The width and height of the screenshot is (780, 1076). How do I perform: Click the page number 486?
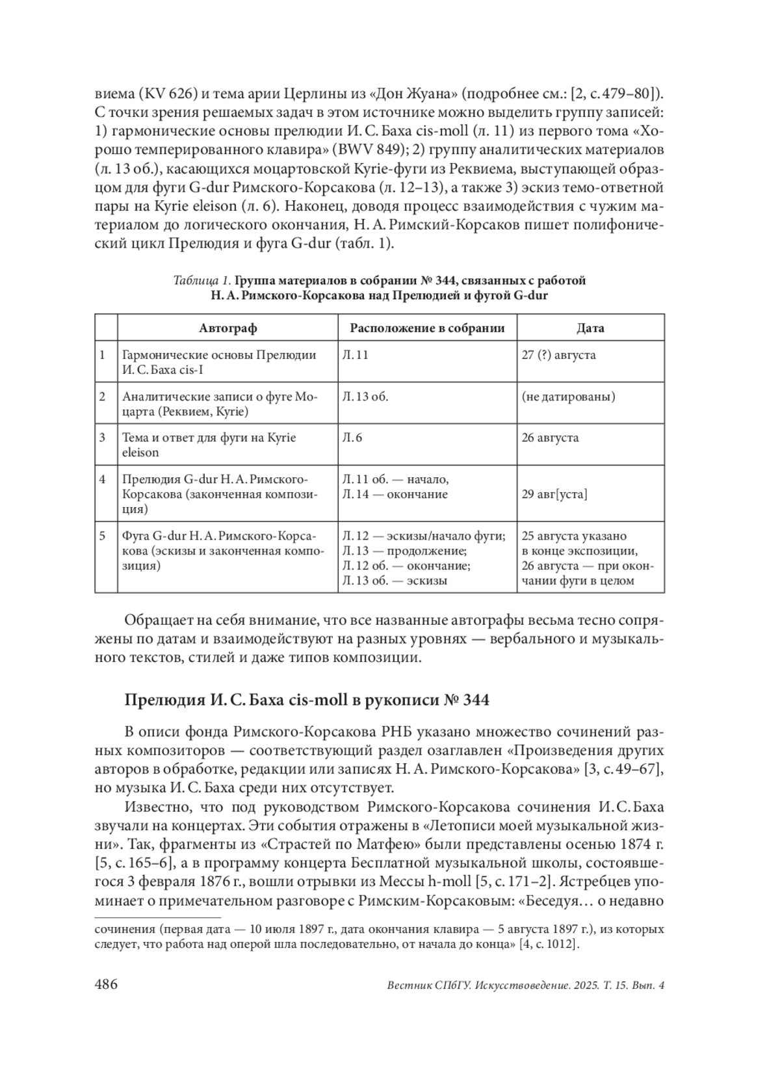point(106,984)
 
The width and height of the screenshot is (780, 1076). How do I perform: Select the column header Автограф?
point(227,328)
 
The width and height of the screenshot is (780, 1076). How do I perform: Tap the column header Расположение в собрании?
point(427,328)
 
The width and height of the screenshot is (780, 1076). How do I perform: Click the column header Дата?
point(590,328)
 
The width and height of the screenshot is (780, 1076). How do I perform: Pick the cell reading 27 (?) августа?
point(558,355)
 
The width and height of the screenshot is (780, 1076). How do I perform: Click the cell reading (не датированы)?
point(568,397)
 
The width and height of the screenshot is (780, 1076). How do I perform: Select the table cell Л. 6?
point(352,438)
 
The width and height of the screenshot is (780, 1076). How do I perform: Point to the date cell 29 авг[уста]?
point(554,494)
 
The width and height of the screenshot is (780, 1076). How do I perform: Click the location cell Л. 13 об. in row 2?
point(365,397)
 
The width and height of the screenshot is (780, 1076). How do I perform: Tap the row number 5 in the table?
point(102,536)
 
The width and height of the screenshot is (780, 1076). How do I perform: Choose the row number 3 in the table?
point(102,438)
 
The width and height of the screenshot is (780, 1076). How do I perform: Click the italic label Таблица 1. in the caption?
point(202,281)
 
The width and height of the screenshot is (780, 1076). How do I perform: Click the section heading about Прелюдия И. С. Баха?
point(306,701)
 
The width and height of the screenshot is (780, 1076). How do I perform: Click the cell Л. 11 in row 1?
point(356,355)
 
